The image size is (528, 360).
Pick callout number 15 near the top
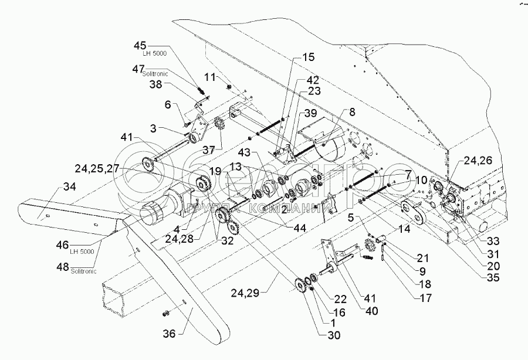307,57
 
